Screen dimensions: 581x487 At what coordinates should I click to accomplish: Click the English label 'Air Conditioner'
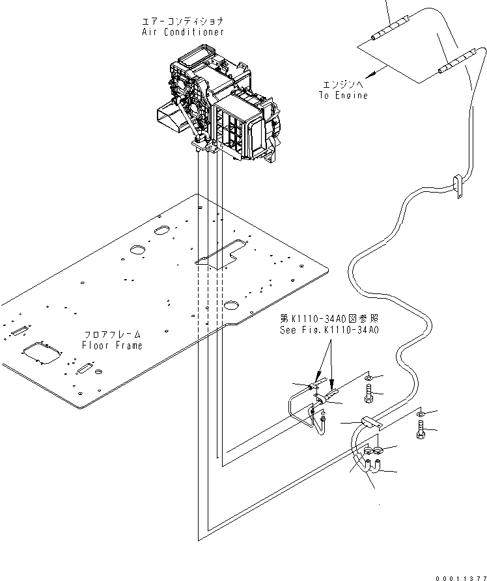(x=183, y=32)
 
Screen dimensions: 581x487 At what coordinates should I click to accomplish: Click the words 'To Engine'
(x=342, y=95)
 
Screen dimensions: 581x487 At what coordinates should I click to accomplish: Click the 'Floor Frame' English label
(x=113, y=345)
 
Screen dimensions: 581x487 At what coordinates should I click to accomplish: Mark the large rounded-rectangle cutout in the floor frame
(x=41, y=355)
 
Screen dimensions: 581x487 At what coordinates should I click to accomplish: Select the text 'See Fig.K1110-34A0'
(x=329, y=330)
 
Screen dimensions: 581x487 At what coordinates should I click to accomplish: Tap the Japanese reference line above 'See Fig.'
(x=329, y=319)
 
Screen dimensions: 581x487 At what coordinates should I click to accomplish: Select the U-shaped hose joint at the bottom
(x=372, y=467)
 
